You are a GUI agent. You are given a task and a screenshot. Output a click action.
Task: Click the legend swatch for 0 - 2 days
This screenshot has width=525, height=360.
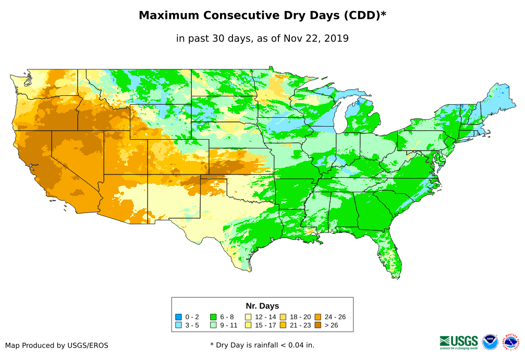click(x=179, y=317)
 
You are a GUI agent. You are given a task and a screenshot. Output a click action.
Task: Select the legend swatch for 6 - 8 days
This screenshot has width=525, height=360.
click(x=213, y=317)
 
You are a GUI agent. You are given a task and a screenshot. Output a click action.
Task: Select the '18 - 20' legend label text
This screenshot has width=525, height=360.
click(x=300, y=317)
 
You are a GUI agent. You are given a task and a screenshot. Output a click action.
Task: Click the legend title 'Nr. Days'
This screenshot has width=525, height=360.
click(x=262, y=306)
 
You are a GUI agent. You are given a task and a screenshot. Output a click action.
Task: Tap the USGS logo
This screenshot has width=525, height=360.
click(x=459, y=341)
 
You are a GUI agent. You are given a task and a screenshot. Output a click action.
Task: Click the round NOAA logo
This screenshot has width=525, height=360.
click(x=490, y=342)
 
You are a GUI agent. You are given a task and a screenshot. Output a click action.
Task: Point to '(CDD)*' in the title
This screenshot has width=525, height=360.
click(x=364, y=16)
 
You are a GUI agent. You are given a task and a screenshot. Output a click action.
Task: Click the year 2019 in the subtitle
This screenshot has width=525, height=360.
click(x=336, y=38)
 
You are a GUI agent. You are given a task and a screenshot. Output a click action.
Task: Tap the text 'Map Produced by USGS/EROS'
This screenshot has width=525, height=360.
click(x=57, y=345)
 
